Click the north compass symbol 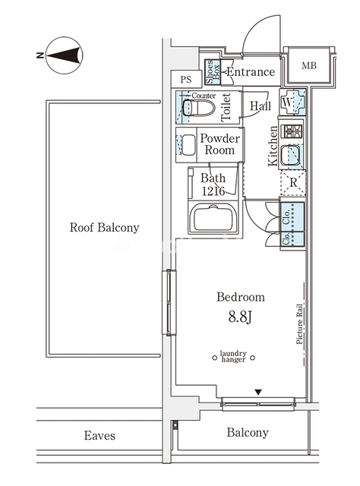pos(65,55)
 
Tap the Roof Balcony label pos(105,228)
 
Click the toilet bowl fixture pos(198,107)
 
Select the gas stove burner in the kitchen pos(292,131)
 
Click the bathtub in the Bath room pos(213,218)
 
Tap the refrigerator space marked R pos(293,182)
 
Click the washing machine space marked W pos(292,102)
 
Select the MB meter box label pos(309,66)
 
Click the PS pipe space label pos(186,80)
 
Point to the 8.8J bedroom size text pos(240,317)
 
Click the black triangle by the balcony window pos(258,393)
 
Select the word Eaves pos(99,435)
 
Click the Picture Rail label pos(299,323)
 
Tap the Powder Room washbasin pos(188,145)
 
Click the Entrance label pos(251,72)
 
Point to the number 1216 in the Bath pos(213,191)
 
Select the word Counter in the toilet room pos(204,96)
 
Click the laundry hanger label pos(233,356)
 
